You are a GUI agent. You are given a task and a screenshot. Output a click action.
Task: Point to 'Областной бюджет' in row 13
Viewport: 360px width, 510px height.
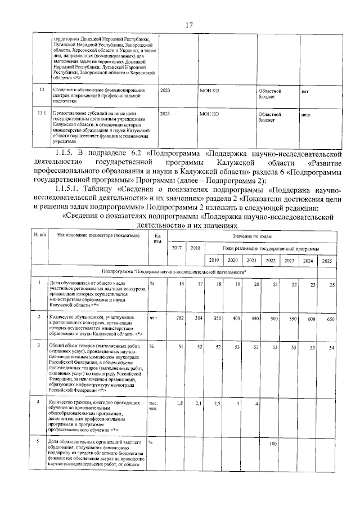pos(269,93)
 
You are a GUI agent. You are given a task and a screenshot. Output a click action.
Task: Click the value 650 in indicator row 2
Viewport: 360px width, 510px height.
pos(330,318)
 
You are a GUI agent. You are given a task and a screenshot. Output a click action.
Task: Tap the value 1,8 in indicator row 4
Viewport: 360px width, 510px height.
pos(181,403)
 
